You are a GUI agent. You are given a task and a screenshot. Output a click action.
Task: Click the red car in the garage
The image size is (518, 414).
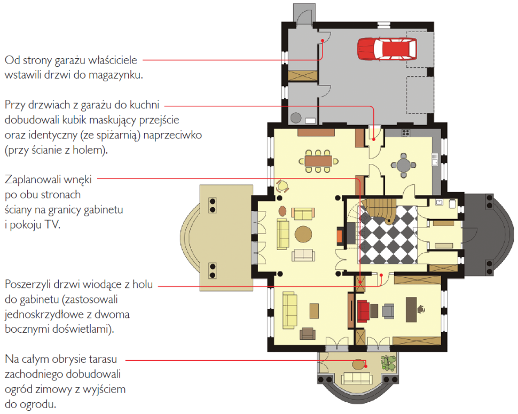[387, 49]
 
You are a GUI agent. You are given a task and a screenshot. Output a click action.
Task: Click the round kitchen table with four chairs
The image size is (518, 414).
[403, 165]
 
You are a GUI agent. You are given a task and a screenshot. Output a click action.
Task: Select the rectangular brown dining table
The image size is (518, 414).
[318, 161]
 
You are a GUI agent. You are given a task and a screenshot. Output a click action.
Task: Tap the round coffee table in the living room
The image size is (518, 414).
[303, 235]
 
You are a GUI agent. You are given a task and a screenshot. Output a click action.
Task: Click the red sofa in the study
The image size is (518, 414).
[363, 310]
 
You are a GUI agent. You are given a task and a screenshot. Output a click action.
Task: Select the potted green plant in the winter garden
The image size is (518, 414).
[388, 363]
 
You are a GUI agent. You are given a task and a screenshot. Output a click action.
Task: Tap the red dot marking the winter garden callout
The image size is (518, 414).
[366, 366]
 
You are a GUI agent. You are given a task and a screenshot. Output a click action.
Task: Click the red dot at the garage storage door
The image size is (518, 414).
[323, 41]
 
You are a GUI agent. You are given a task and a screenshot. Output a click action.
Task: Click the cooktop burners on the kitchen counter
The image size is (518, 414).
[406, 133]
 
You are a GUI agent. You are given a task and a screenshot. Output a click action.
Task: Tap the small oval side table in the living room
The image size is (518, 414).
[282, 210]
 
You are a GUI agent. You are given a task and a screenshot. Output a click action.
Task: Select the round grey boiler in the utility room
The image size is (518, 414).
[296, 118]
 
